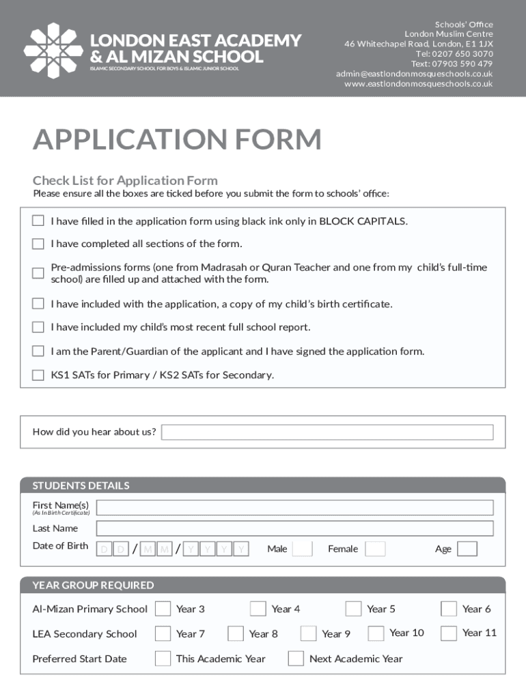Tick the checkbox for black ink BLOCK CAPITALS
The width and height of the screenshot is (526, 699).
[x=38, y=221]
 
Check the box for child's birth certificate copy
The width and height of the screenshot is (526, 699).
[x=38, y=304]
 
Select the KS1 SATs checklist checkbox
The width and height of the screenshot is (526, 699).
[x=38, y=375]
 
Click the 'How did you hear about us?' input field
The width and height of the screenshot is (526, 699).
[x=327, y=432]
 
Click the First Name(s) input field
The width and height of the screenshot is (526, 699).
[x=294, y=508]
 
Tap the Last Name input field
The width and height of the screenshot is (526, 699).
[x=294, y=528]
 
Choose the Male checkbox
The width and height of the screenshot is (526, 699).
[x=302, y=549]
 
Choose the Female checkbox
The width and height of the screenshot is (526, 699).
[x=375, y=549]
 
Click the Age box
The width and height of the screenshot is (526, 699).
[x=467, y=549]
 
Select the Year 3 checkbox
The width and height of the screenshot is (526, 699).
[x=163, y=609]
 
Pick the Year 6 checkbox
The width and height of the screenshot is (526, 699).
[x=449, y=609]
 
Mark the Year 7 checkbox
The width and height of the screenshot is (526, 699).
[x=163, y=633]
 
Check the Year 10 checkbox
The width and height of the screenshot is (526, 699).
[x=376, y=633]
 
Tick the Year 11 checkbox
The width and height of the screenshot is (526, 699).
[x=449, y=633]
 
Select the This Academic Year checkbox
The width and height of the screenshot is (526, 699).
[x=163, y=659]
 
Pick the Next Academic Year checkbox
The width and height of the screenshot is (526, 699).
[x=296, y=659]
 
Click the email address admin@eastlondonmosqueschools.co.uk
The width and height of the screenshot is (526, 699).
[x=414, y=74]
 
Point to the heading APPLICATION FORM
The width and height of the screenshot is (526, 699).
[x=177, y=140]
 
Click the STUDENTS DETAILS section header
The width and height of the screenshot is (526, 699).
[x=81, y=486]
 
